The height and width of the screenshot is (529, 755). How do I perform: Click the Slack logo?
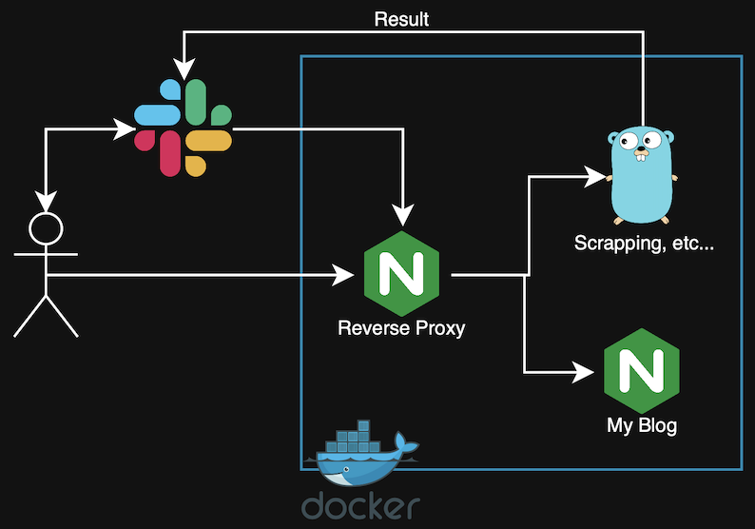pos(184,127)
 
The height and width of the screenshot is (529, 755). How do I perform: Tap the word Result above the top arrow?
pos(401,19)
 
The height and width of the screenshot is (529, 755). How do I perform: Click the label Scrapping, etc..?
pos(644,244)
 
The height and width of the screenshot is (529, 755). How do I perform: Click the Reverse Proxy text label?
pos(401,329)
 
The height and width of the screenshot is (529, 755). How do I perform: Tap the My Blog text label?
pos(642,424)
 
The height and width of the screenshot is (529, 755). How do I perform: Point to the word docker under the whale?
pos(360,505)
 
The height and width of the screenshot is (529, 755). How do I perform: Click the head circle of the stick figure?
pos(46,228)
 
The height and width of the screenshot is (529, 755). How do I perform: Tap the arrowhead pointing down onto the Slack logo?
pos(184,69)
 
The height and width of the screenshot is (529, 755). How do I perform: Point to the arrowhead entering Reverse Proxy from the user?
pos(344,276)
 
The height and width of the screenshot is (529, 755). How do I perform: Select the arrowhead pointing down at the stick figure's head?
pos(46,202)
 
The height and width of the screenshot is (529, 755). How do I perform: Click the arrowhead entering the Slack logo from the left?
pos(125,128)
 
